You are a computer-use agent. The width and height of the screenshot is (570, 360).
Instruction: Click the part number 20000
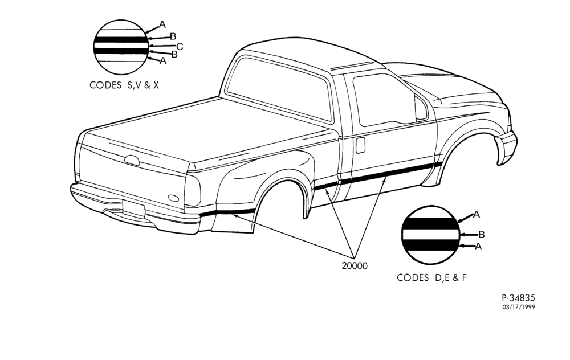coord(355,266)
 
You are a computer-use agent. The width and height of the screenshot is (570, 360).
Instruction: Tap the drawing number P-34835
coord(518,298)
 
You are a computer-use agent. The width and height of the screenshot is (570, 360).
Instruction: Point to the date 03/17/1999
coord(519,308)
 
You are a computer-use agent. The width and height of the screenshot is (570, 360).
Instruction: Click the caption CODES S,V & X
coord(124,85)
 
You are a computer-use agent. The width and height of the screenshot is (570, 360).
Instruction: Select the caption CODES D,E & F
coord(431,278)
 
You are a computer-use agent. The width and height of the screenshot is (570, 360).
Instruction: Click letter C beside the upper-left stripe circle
coord(180,47)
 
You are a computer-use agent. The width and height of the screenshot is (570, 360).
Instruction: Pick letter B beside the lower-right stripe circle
coord(481,234)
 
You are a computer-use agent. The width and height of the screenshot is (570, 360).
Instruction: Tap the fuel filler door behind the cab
coord(360,145)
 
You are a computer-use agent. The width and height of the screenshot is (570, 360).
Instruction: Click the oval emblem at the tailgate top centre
coord(132,160)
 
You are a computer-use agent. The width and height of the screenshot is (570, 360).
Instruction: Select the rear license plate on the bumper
coord(133,208)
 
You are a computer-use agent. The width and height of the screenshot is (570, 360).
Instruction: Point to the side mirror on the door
coord(421,108)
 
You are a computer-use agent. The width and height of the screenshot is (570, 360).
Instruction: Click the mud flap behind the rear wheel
coord(233,222)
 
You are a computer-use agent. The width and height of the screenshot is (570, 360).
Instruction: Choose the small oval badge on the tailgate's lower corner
coord(174,198)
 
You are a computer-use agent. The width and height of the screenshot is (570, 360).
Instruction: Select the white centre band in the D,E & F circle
coord(430,235)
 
